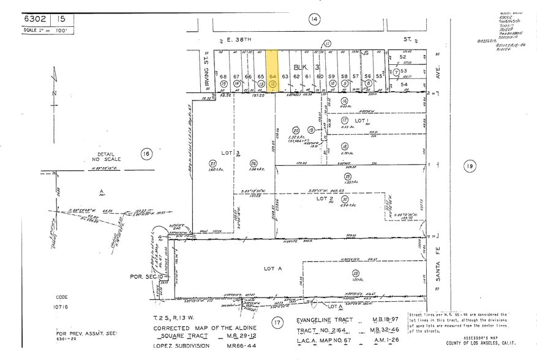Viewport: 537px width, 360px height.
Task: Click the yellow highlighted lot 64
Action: (273, 71)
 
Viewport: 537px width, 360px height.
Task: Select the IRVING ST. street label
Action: (207, 61)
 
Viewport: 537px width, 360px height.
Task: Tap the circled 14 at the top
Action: (314, 20)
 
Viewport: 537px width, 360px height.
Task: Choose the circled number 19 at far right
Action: (470, 165)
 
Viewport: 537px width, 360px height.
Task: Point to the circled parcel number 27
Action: (212, 163)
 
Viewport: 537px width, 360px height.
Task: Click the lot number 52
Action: (402, 57)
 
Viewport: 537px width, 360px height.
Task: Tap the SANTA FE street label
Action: (437, 266)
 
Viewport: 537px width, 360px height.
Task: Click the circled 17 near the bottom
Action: (277, 323)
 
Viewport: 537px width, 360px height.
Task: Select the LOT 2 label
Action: (323, 198)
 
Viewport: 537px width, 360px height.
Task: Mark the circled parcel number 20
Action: (296, 130)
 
